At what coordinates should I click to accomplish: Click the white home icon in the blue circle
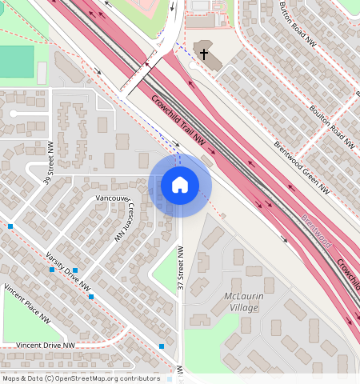tap(180, 185)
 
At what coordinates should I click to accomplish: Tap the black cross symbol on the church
tap(204, 54)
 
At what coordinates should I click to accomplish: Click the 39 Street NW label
tap(49, 162)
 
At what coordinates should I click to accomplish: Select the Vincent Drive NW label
tap(46, 346)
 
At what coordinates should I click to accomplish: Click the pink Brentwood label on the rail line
tap(317, 230)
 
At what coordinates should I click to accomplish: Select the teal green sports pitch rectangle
tap(17, 62)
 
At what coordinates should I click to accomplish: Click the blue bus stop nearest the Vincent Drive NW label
tap(162, 346)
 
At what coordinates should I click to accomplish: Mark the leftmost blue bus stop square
tap(10, 226)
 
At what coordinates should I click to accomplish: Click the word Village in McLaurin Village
tap(242, 308)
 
